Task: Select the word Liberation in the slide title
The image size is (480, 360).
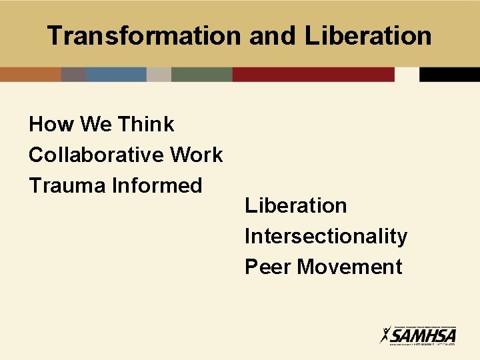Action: [x=368, y=36]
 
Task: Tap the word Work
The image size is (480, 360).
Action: [x=197, y=155]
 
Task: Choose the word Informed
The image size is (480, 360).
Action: [x=157, y=185]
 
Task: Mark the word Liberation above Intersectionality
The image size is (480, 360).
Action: [x=296, y=205]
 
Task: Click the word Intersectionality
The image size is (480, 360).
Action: [x=326, y=236]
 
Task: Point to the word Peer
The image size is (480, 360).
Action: [x=268, y=267]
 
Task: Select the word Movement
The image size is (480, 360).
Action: [x=350, y=267]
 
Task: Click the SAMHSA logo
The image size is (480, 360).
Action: [x=418, y=334]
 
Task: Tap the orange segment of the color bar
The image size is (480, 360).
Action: [x=30, y=74]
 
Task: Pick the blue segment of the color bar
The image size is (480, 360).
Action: [x=116, y=74]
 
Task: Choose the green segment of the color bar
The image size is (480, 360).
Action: [x=201, y=74]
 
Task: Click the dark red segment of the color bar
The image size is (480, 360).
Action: [x=313, y=74]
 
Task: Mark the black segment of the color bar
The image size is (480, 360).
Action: [x=449, y=74]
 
